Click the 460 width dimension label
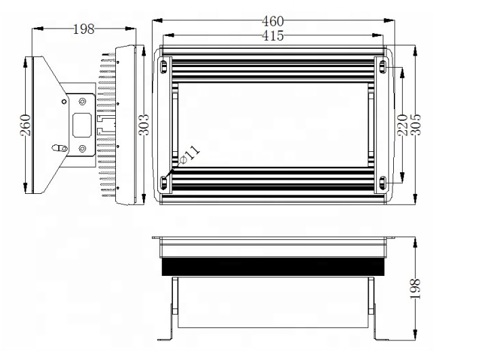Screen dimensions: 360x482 point(273,21)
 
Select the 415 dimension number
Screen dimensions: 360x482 point(273,36)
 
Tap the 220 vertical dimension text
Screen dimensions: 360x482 point(402,125)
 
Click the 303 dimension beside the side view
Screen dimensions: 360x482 point(144,125)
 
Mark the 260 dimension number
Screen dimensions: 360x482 point(25,125)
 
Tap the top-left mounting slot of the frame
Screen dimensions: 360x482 point(164,66)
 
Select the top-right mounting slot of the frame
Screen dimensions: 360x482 point(382,66)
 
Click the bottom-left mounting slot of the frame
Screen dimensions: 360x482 point(164,182)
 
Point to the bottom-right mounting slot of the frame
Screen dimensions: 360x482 point(382,182)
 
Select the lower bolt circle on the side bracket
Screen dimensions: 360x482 point(82,148)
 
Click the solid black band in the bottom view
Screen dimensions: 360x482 point(273,268)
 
